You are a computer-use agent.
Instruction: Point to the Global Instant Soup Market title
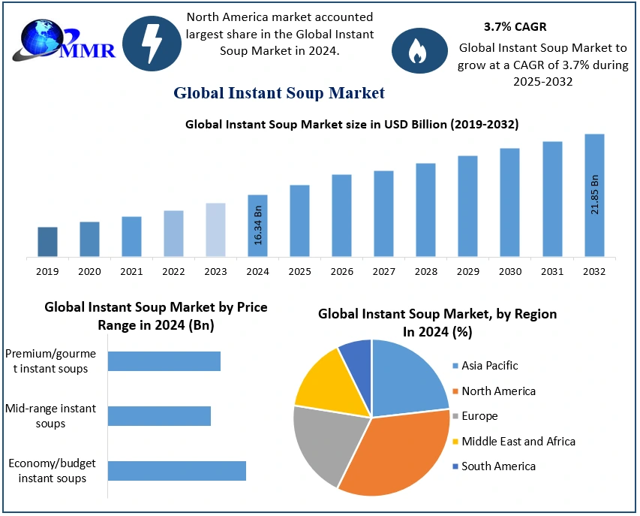pos(279,93)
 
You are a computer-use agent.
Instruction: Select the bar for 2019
pos(47,242)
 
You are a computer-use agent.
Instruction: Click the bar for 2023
pos(215,230)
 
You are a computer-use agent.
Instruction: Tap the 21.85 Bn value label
pos(594,195)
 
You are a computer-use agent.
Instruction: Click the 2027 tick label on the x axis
pos(383,270)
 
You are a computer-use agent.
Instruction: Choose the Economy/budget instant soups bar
pos(177,471)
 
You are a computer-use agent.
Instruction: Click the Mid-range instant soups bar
pos(159,416)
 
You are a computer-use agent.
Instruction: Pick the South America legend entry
pos(498,466)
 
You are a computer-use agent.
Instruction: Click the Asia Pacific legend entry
pos(489,366)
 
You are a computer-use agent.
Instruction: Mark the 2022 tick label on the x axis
pos(173,270)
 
